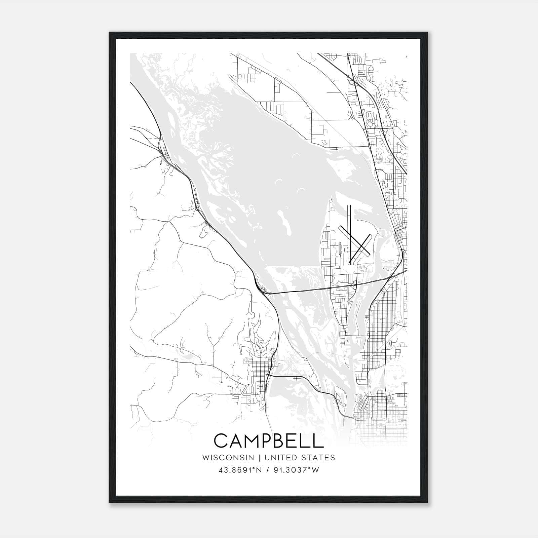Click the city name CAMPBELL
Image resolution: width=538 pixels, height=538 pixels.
(x=269, y=440)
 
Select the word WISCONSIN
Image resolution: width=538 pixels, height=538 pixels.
(x=228, y=457)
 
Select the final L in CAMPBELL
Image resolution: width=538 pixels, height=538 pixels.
(x=318, y=440)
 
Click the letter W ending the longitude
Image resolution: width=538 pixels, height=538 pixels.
(x=315, y=470)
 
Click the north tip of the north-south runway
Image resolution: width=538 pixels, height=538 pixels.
(x=350, y=206)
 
